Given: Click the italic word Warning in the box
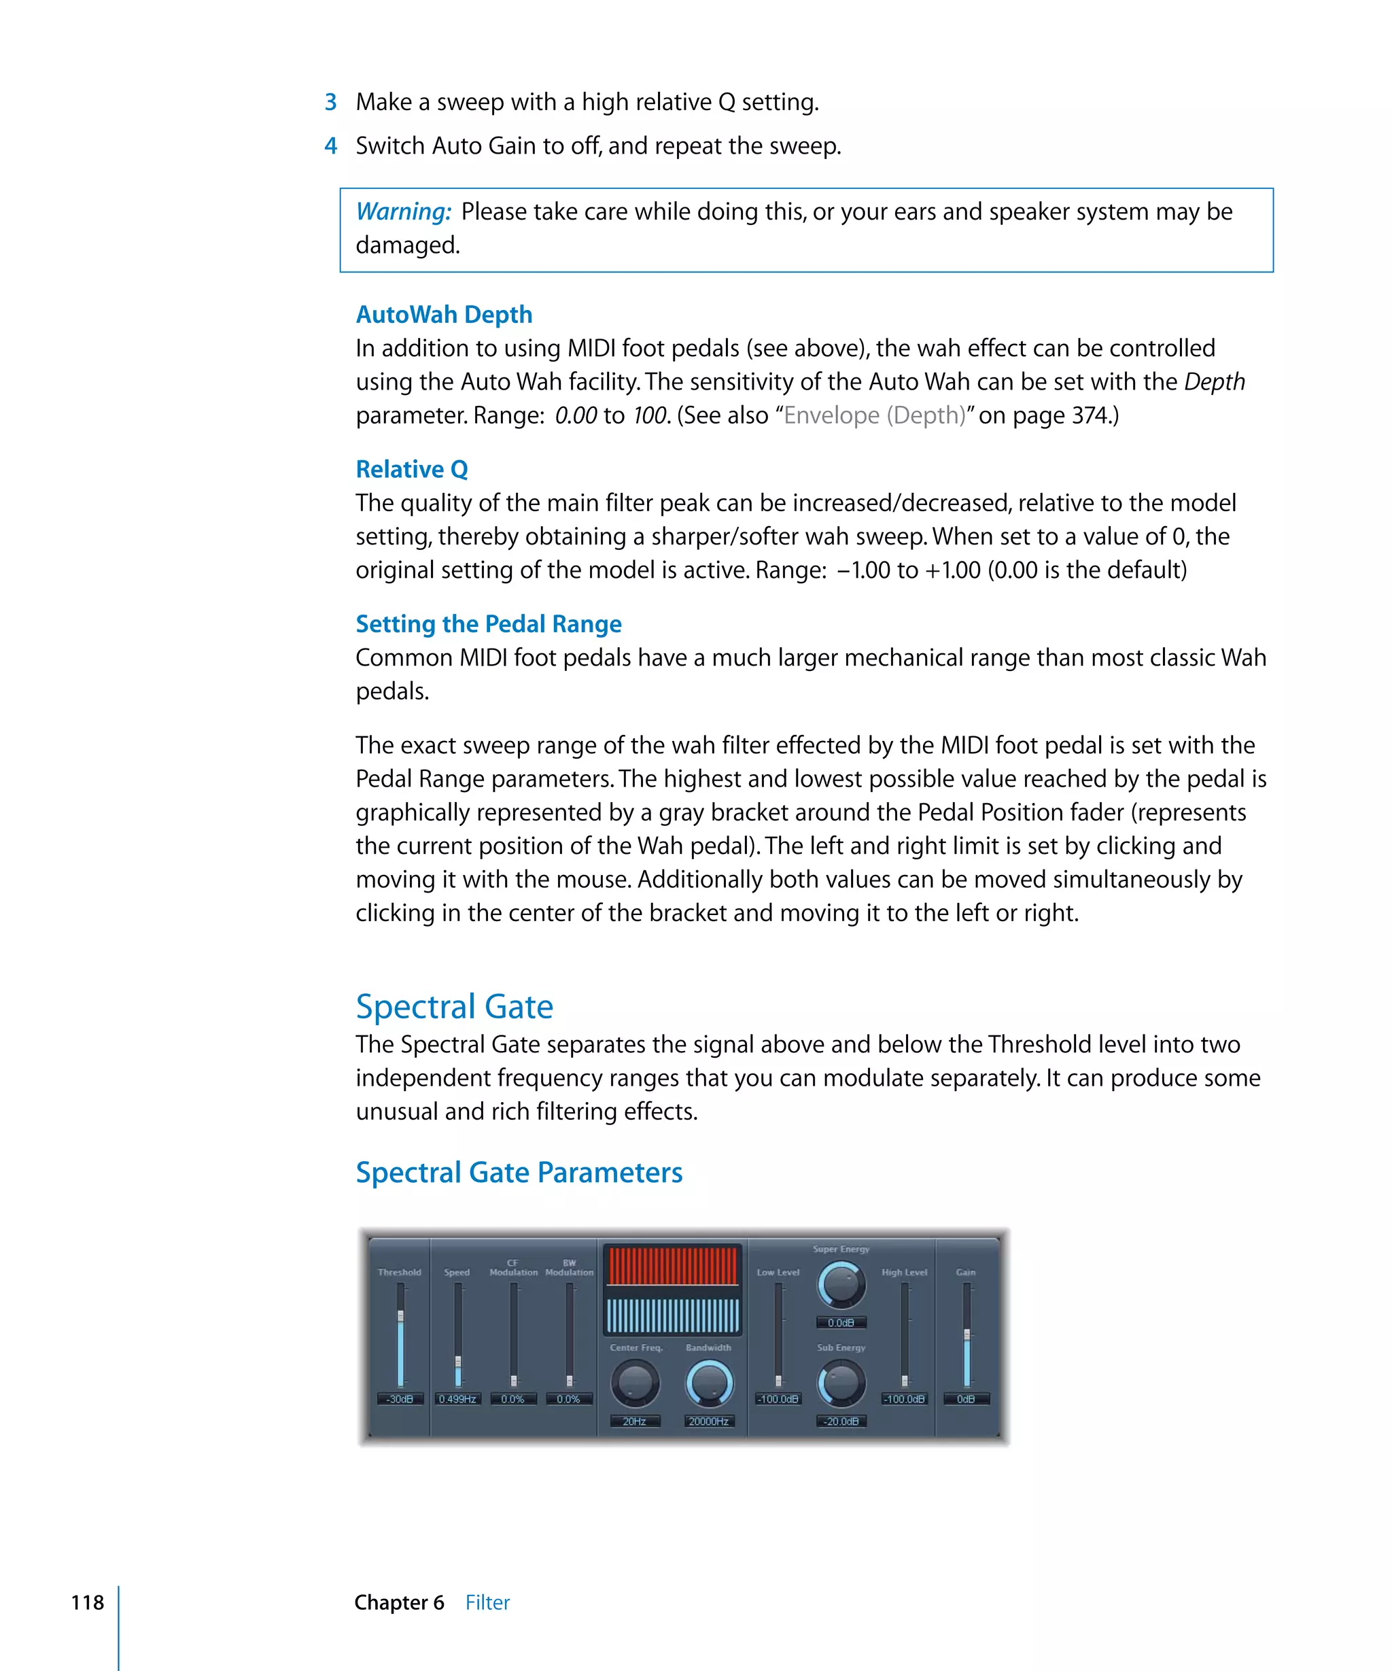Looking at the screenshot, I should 402,211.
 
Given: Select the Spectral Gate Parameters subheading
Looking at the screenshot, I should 518,1172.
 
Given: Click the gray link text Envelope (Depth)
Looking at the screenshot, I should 873,415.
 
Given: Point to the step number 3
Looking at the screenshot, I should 330,103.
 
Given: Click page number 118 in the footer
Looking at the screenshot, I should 87,1602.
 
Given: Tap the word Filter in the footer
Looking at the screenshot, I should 487,1602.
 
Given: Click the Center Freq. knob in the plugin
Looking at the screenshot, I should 634,1383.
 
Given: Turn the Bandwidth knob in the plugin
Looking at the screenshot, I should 708,1383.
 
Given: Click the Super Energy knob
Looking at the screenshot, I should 841,1284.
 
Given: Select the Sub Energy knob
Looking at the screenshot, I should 841,1383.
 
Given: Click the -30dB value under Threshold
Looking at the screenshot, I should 399,1399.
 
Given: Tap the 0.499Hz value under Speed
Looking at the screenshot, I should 457,1399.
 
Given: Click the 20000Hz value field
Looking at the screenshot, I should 708,1421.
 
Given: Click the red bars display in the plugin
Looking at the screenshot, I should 672,1265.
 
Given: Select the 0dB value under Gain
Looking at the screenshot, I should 965,1399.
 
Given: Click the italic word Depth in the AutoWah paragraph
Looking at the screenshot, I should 1214,382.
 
